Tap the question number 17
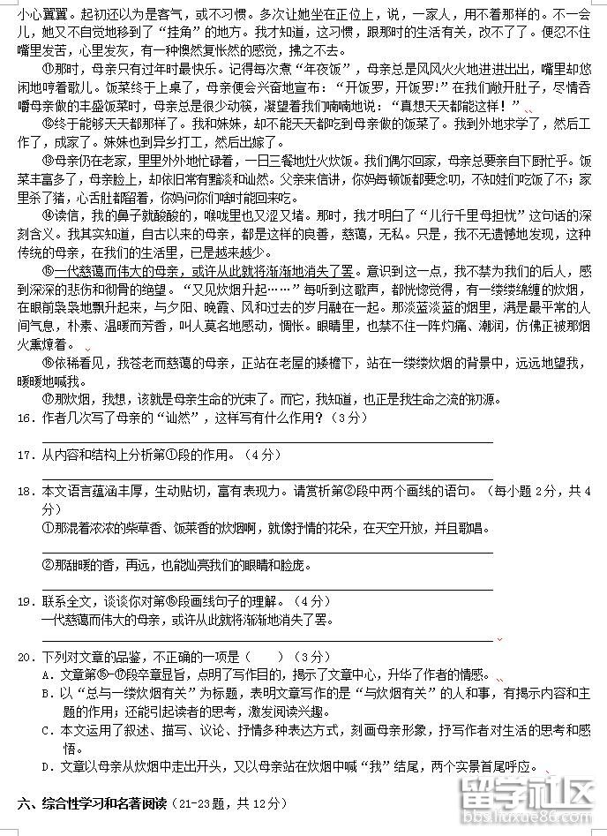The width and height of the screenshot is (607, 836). [x=25, y=456]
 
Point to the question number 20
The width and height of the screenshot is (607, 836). [x=25, y=658]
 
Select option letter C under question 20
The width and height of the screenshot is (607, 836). [x=46, y=730]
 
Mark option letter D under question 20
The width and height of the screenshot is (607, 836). [x=46, y=766]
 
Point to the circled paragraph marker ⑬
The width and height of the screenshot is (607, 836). [x=49, y=160]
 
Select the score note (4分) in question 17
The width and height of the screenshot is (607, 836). [x=263, y=456]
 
